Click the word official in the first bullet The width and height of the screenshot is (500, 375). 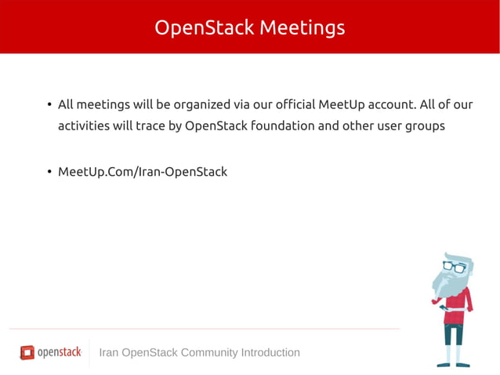[289, 104]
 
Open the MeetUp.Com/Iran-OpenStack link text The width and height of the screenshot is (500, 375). [143, 171]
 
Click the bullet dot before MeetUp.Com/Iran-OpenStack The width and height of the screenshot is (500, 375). [49, 172]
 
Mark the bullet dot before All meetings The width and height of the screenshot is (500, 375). [49, 105]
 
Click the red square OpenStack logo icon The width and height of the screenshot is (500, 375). [27, 352]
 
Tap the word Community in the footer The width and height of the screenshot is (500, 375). [209, 352]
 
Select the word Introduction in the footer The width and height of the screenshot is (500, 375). [270, 352]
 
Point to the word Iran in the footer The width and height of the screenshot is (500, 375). [110, 352]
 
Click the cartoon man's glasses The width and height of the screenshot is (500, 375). [455, 267]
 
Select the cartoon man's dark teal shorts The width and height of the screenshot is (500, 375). [454, 334]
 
